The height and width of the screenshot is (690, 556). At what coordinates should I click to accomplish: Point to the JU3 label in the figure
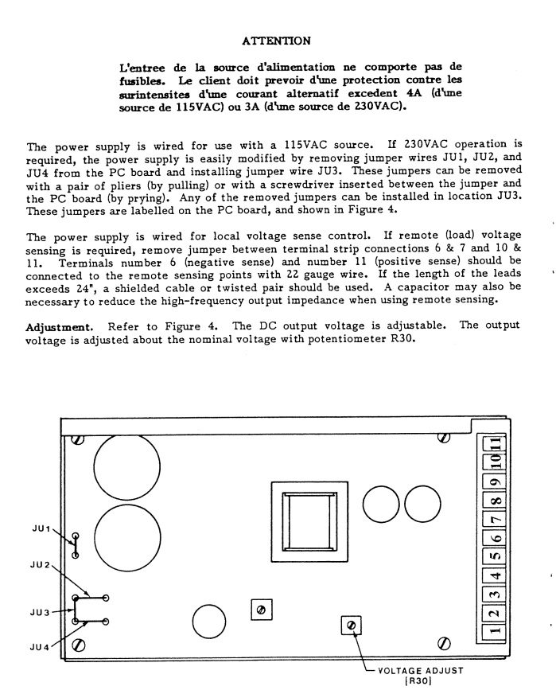41,612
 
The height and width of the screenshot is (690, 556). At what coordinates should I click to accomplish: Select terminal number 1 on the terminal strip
494,633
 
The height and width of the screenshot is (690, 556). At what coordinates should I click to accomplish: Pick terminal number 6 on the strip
494,539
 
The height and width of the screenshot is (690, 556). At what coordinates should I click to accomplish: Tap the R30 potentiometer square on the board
349,626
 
